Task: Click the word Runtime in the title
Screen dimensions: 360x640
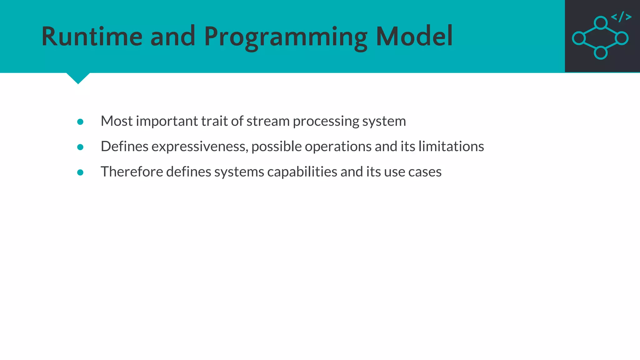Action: click(x=92, y=37)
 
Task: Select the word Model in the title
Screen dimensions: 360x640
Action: click(x=414, y=37)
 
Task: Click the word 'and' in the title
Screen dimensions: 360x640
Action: click(x=173, y=37)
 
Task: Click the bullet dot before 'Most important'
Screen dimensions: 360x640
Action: click(x=80, y=122)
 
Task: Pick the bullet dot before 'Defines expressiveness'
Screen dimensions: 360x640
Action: click(x=80, y=147)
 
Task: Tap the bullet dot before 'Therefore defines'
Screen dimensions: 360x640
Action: click(x=80, y=172)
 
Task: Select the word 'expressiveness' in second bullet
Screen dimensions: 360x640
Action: click(x=199, y=147)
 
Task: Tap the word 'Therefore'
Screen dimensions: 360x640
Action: click(x=132, y=172)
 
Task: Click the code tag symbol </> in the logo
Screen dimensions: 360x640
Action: click(x=621, y=17)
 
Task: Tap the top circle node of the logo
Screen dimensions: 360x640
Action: click(x=601, y=23)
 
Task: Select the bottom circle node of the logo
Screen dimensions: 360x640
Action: click(x=601, y=52)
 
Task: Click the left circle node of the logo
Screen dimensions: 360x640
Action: click(x=579, y=38)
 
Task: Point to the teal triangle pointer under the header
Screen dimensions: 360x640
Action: click(x=78, y=77)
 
